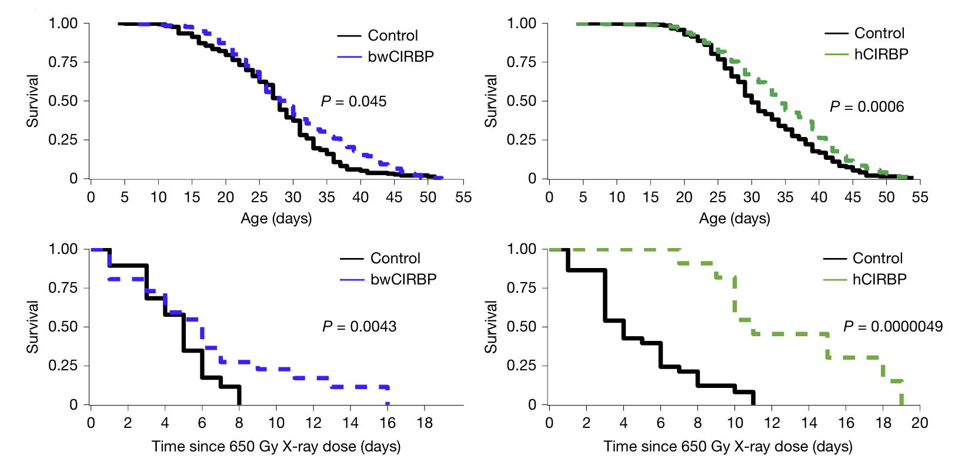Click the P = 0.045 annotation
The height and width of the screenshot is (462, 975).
coord(353,102)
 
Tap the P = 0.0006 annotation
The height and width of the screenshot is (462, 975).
coord(866,106)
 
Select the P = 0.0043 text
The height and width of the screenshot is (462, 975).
coord(359,326)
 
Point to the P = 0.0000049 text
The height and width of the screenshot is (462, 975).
coord(893,326)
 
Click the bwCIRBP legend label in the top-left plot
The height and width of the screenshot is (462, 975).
coord(401,56)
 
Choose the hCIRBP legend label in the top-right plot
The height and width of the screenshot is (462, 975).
coord(881,54)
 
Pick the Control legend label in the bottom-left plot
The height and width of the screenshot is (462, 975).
coord(395,259)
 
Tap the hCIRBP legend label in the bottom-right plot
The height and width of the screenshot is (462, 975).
coord(879,279)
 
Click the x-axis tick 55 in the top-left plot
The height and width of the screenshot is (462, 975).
coord(463,197)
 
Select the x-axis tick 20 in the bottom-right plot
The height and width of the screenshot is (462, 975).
coord(920,423)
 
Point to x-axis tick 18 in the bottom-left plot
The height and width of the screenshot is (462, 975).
coord(425,423)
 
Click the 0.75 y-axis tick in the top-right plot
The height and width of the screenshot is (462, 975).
coord(522,62)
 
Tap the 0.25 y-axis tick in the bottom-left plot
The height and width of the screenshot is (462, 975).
coord(63,366)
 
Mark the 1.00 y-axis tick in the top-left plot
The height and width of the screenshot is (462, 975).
coord(63,24)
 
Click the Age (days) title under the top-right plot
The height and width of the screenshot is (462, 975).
coord(734,219)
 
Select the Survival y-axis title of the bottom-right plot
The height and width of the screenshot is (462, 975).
coord(491,327)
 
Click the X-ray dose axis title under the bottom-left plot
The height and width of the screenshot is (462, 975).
coord(276,447)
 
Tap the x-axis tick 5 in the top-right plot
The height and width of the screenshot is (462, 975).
coord(583,197)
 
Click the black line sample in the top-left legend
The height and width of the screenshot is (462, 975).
coord(349,36)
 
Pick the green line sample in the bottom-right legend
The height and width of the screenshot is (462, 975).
coord(834,279)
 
